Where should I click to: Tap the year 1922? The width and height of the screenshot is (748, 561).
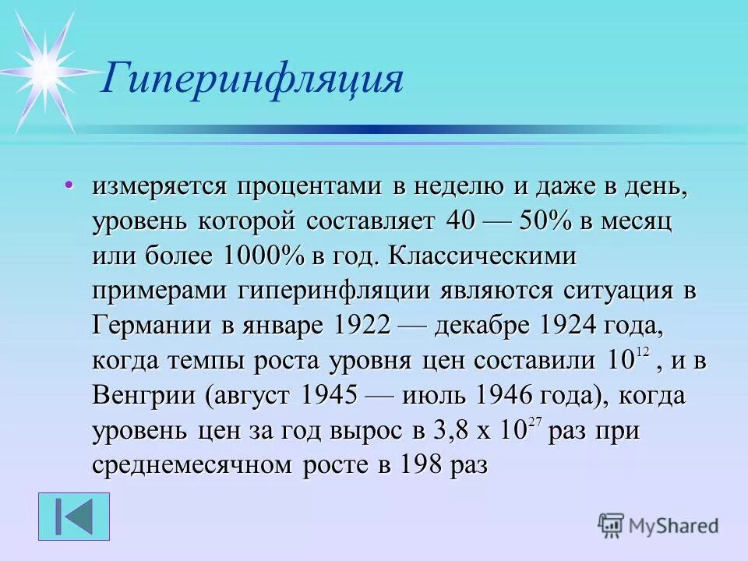(362, 326)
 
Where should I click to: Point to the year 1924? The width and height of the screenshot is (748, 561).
(567, 326)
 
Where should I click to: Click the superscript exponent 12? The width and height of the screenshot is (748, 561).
(642, 353)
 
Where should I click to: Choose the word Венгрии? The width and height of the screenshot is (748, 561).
(145, 396)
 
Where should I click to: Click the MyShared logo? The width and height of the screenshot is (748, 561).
(658, 526)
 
